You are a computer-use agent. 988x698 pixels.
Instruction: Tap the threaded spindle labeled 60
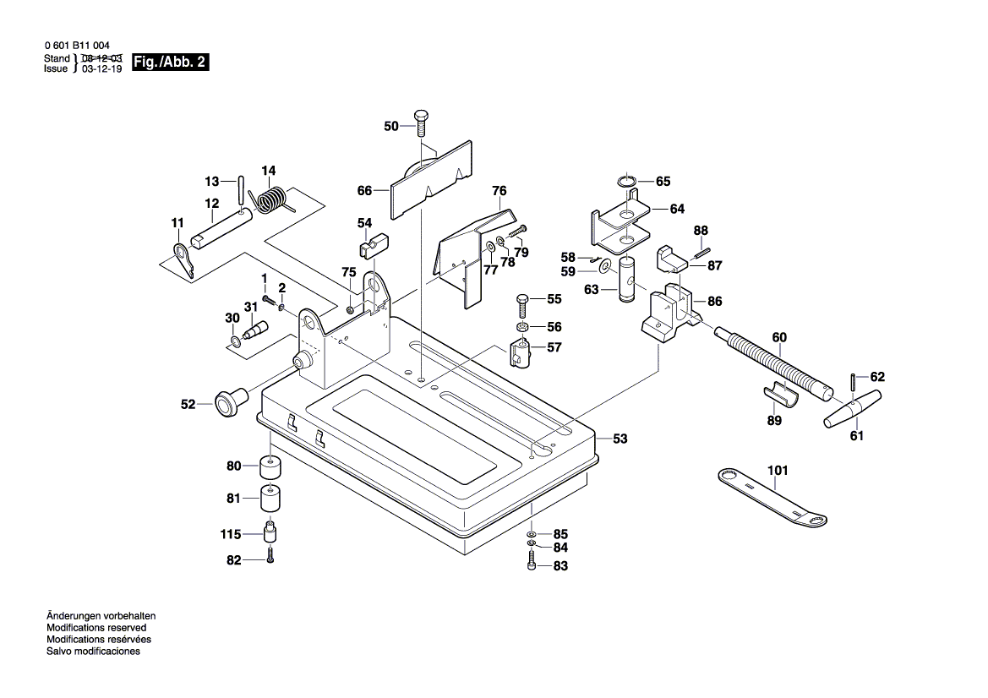(x=773, y=364)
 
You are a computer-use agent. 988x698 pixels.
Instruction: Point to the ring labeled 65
(x=626, y=181)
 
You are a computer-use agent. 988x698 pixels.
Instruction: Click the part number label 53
(x=620, y=439)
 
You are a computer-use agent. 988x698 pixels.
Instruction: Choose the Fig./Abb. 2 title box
(x=170, y=63)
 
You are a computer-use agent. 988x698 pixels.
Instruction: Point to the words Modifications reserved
(x=96, y=628)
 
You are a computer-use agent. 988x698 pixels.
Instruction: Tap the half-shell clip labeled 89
(x=783, y=394)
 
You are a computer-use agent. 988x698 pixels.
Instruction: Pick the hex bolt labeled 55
(x=521, y=303)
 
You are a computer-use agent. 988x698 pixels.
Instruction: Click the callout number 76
(x=499, y=191)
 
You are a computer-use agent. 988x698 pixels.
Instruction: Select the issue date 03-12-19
(x=101, y=69)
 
